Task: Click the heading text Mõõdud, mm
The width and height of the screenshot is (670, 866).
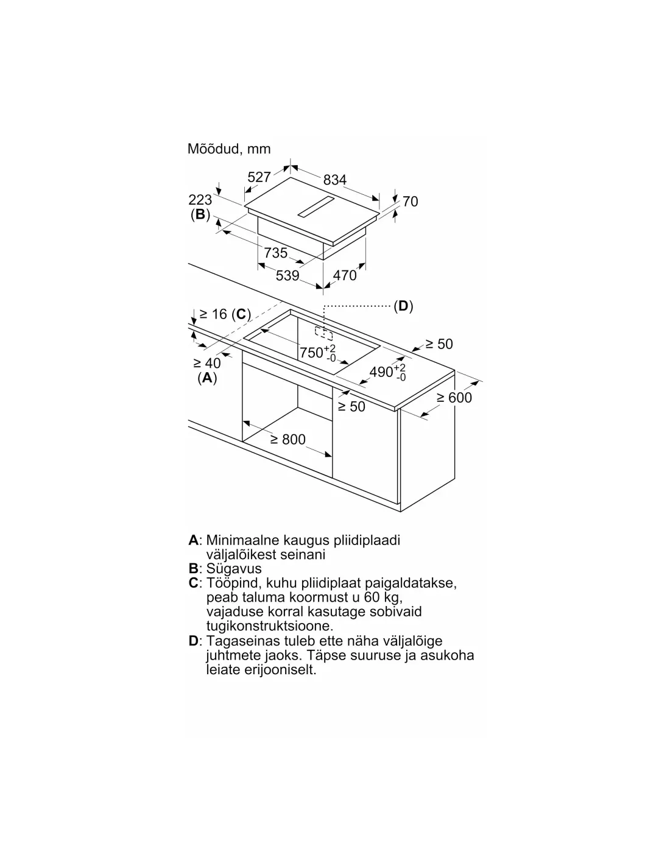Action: (229, 149)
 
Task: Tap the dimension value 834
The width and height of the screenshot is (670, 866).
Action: (334, 180)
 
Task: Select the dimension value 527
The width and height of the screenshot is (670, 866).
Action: (259, 177)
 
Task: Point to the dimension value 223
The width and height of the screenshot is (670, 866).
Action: (200, 200)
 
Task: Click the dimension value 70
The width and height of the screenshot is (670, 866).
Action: (410, 202)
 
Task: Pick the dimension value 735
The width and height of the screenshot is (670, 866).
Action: (275, 253)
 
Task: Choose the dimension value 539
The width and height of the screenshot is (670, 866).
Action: (287, 275)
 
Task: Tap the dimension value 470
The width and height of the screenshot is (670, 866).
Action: (344, 275)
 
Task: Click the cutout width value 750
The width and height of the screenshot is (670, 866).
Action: (311, 353)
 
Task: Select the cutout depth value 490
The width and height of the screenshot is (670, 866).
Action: (381, 372)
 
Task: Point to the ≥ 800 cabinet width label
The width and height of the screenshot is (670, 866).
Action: (287, 439)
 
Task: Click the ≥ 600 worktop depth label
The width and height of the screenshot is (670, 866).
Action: (454, 397)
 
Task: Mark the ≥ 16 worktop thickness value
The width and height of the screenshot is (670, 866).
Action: (213, 314)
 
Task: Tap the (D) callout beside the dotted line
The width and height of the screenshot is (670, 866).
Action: (403, 306)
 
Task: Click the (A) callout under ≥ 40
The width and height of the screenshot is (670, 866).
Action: (207, 378)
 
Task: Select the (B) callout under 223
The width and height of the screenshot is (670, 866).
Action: (200, 214)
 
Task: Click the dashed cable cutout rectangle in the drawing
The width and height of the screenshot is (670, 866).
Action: (323, 333)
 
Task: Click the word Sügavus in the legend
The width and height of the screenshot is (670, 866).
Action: (233, 568)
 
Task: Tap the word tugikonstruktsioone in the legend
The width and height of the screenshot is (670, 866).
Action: (269, 625)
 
